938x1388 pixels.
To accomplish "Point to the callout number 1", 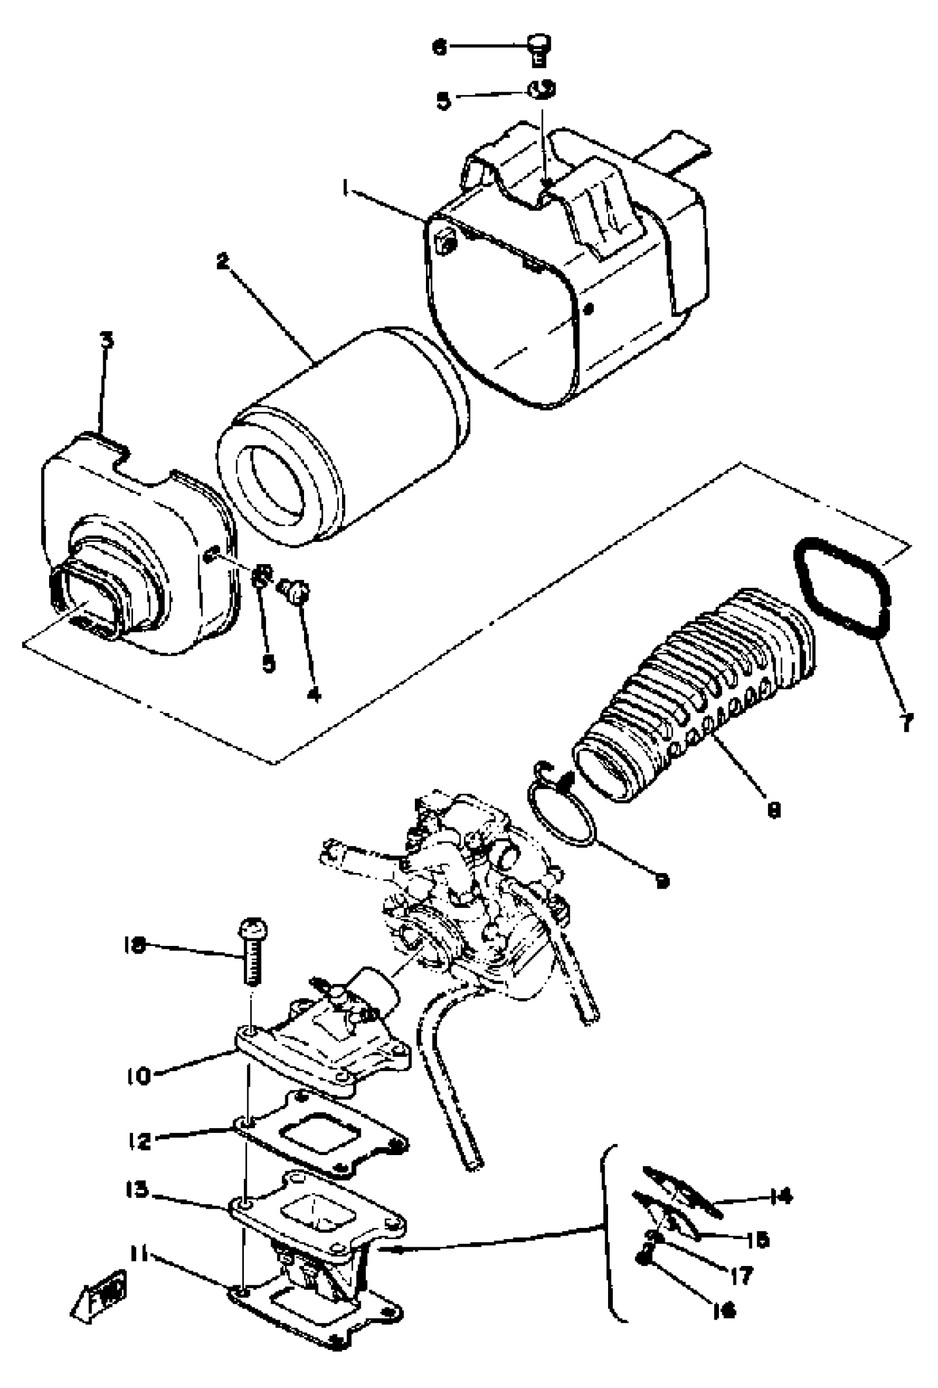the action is (344, 189).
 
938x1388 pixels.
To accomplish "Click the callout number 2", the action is (223, 261).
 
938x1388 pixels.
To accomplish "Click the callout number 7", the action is (907, 722).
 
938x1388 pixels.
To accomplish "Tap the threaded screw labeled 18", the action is (252, 959).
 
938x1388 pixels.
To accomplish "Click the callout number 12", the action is (140, 1141).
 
